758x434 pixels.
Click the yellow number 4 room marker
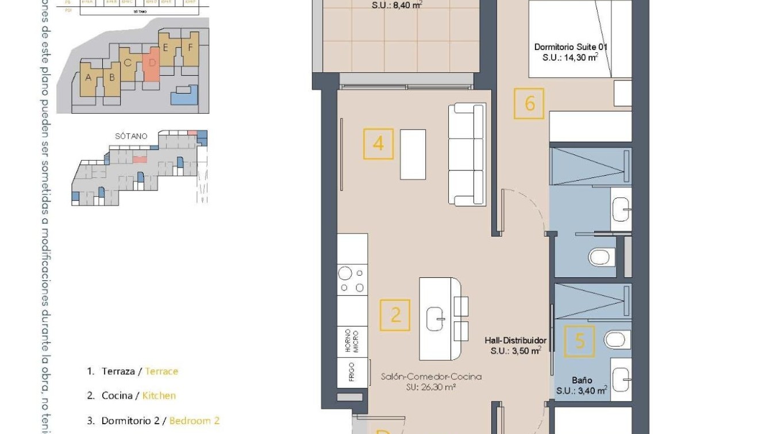point(378,144)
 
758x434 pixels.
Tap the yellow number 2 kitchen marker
point(395,315)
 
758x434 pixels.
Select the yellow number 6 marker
point(529,104)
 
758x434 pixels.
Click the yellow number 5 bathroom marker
point(579,341)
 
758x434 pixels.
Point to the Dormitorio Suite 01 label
point(571,47)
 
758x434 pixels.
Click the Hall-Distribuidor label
point(515,340)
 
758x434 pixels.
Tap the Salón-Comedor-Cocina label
point(431,377)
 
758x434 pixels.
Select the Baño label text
point(582,380)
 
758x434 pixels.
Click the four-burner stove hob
point(351,280)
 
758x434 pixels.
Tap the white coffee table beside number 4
point(413,154)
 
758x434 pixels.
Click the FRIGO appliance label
point(351,372)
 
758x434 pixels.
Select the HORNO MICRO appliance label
point(352,341)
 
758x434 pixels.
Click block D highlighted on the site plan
point(151,66)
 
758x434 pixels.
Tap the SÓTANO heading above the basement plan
point(131,136)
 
